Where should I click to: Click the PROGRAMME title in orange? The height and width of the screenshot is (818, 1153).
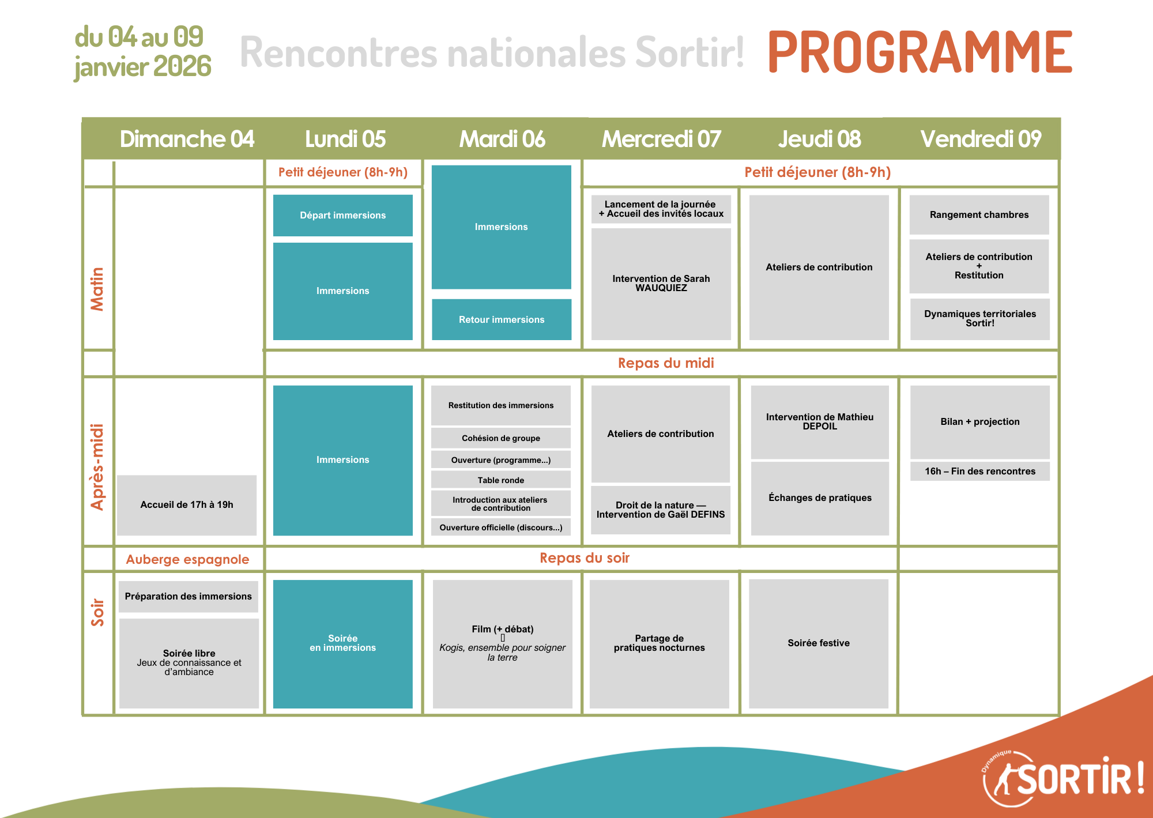(x=920, y=52)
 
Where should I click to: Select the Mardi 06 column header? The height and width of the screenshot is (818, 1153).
(x=502, y=139)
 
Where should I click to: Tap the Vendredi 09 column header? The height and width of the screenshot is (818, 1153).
(x=981, y=139)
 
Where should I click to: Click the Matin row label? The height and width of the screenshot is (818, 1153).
(x=97, y=289)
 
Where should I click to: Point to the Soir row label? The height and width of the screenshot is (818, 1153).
(x=97, y=612)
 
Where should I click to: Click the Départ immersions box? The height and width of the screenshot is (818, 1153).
(x=343, y=216)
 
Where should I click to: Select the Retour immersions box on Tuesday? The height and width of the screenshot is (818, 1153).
(x=502, y=319)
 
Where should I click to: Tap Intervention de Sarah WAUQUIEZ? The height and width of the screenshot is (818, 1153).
(x=661, y=284)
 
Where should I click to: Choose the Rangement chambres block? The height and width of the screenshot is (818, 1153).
(x=979, y=215)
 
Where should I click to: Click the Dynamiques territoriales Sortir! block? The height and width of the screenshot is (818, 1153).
(x=980, y=319)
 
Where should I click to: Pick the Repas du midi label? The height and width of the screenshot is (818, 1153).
(x=666, y=363)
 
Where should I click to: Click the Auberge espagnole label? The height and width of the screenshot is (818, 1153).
(x=188, y=560)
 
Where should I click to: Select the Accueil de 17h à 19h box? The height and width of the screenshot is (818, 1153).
(x=187, y=505)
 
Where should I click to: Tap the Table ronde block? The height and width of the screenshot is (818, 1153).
(x=501, y=480)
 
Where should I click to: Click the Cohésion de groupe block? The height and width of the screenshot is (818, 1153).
(x=501, y=438)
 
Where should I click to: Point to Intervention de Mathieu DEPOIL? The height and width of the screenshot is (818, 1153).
(x=820, y=422)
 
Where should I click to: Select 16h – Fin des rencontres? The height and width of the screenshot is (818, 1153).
(x=980, y=472)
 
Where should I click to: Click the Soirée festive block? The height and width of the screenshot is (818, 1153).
(x=819, y=643)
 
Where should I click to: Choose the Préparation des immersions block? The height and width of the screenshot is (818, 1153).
(x=189, y=597)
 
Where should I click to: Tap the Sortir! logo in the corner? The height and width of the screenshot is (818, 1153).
(x=1063, y=778)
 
